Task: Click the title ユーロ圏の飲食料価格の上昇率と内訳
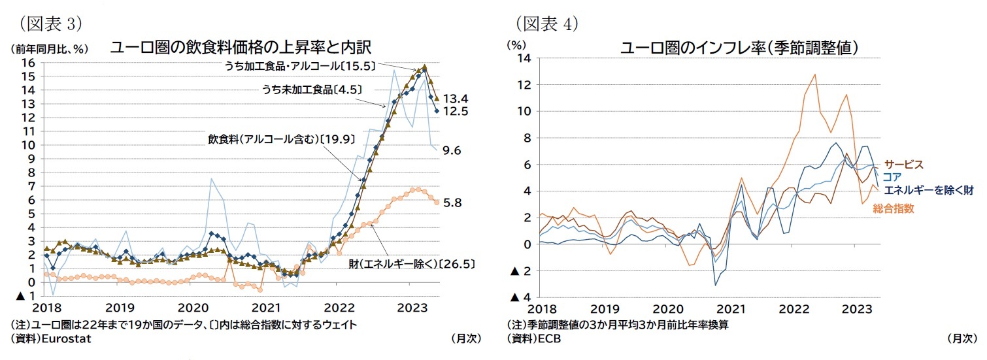241,48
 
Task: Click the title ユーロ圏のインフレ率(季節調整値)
739,48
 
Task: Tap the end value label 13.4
456,99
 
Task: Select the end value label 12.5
456,112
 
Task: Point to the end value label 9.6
452,150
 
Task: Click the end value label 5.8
452,203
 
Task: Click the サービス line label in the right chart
903,164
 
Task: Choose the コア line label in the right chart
892,177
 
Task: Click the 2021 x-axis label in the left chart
266,308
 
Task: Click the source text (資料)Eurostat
50,339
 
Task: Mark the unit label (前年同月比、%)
48,49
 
